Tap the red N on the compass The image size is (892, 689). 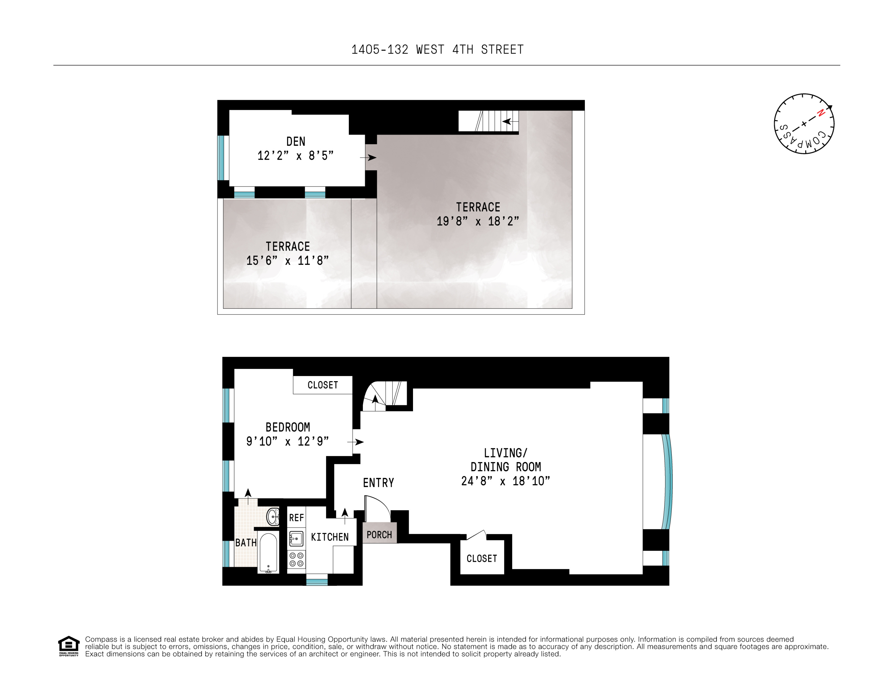coord(821,113)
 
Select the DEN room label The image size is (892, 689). coord(296,142)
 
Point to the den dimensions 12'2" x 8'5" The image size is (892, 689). coord(295,156)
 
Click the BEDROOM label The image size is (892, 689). coord(287,427)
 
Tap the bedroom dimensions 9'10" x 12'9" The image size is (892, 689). coord(287,441)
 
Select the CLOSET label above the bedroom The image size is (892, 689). coord(323,385)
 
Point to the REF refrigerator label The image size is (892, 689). coord(296,518)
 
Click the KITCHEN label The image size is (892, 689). coord(330,537)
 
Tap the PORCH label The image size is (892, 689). coord(379,534)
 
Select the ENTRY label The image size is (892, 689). coord(378,483)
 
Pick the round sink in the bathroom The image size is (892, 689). coord(272,517)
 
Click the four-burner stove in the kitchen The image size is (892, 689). coord(296,559)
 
